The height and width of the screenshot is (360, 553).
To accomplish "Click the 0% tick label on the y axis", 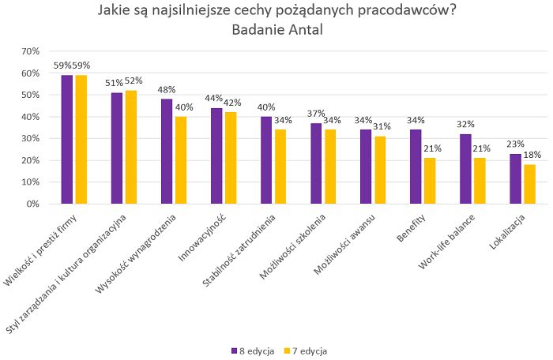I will coord(32,204).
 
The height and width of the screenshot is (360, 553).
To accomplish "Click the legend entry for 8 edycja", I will coord(252,350).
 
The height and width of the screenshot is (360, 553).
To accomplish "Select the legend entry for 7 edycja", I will coord(306,350).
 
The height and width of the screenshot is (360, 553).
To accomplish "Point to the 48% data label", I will coord(166,90).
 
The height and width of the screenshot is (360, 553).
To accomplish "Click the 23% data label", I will coord(513,144).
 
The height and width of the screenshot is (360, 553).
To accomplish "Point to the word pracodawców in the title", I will coord(400,11).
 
